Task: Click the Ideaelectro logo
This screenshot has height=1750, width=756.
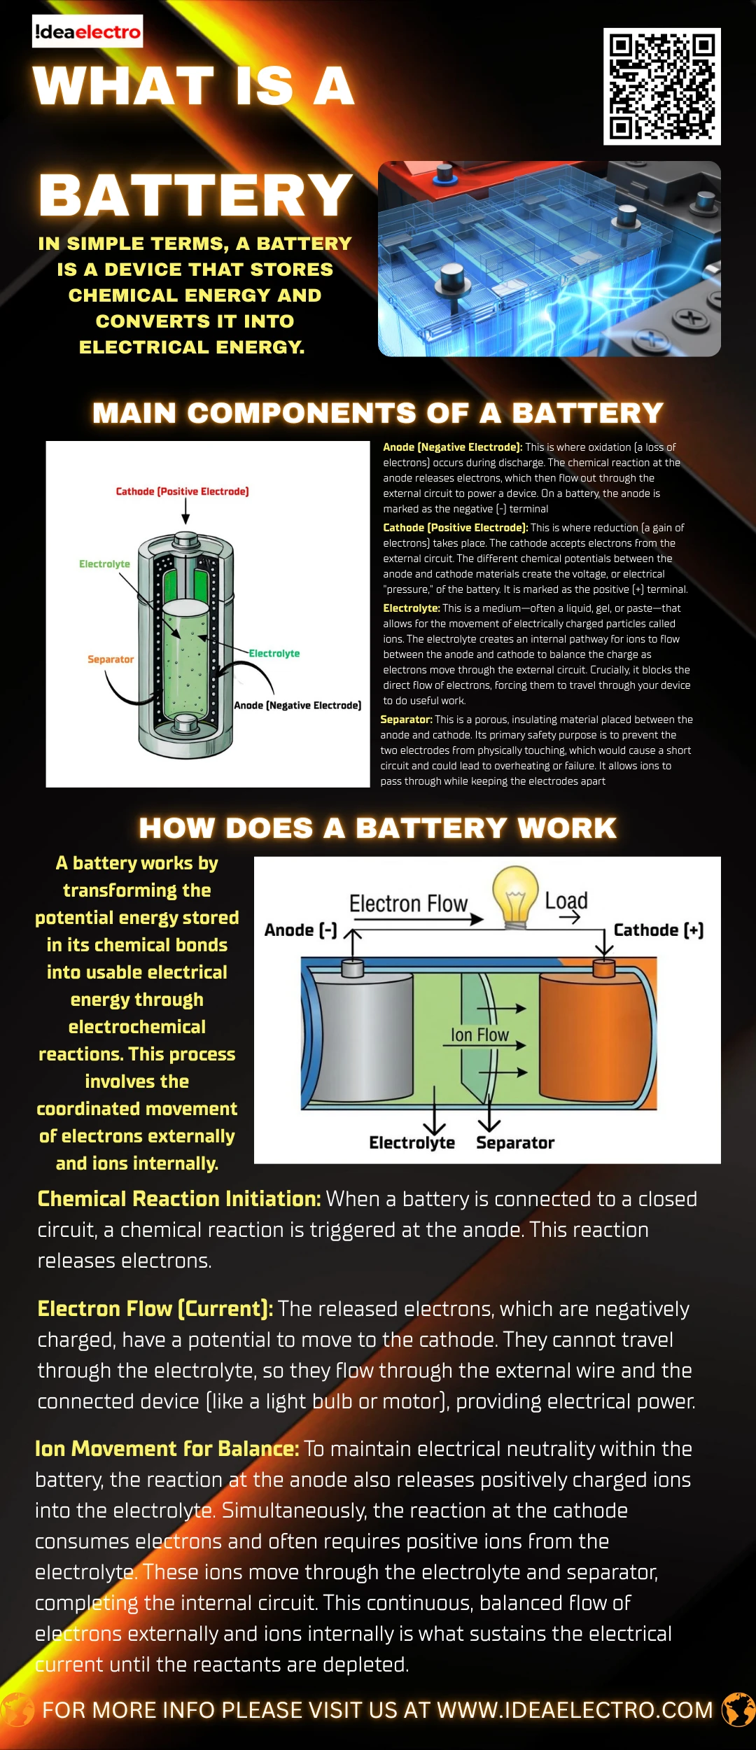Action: click(87, 32)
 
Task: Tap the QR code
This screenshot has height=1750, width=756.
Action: click(661, 87)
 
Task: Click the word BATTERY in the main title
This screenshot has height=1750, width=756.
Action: click(195, 195)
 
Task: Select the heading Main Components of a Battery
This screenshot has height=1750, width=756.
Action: click(378, 413)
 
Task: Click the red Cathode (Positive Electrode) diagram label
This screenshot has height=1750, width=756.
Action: click(182, 491)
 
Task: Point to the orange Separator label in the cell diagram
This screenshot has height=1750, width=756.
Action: click(111, 659)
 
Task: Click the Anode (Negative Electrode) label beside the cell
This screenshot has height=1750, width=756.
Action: click(297, 705)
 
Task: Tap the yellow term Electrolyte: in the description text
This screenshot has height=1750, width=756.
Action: click(411, 608)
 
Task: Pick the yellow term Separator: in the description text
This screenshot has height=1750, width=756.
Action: click(406, 720)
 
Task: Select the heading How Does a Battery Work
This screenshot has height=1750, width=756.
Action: click(378, 828)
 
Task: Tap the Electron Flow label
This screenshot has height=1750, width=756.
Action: click(408, 904)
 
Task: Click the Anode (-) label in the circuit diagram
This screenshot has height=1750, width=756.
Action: click(300, 930)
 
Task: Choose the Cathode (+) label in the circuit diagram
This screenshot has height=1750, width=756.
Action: click(658, 930)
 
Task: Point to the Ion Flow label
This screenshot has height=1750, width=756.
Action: click(479, 1035)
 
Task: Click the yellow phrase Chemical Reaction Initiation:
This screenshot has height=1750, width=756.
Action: click(178, 1199)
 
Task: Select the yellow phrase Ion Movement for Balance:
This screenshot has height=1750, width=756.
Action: click(167, 1448)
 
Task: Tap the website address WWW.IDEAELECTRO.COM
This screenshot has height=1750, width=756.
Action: click(575, 1710)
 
